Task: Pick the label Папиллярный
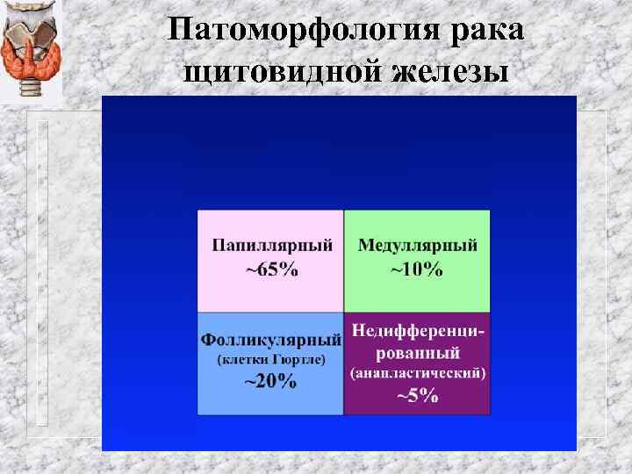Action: pyautogui.click(x=271, y=245)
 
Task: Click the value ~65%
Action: pyautogui.click(x=271, y=269)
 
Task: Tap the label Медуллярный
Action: pyautogui.click(x=417, y=245)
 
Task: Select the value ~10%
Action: pyautogui.click(x=417, y=269)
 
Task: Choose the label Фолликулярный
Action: pyautogui.click(x=270, y=339)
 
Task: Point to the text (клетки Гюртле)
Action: pyautogui.click(x=270, y=360)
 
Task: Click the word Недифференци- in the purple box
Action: pyautogui.click(x=419, y=331)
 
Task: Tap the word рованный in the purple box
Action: pyautogui.click(x=418, y=353)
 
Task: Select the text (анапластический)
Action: pyautogui.click(x=418, y=374)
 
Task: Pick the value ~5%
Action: pyautogui.click(x=418, y=395)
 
